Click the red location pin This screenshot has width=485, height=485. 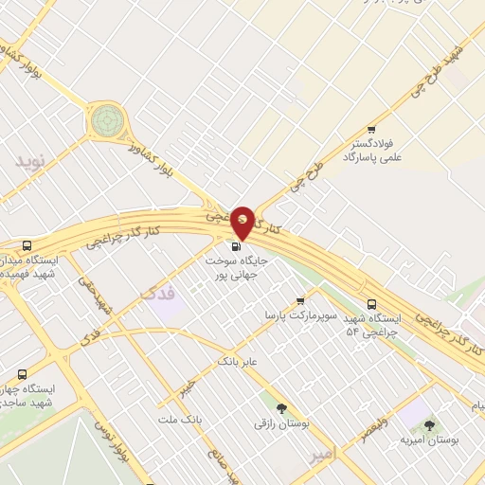(243, 223)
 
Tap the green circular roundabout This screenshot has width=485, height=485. (106, 120)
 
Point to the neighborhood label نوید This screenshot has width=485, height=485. (29, 161)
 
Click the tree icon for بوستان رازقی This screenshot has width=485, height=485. (281, 406)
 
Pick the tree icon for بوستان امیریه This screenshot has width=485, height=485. (429, 425)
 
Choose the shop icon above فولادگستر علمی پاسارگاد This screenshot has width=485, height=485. (370, 130)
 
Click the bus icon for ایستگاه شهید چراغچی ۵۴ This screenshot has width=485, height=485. (370, 304)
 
